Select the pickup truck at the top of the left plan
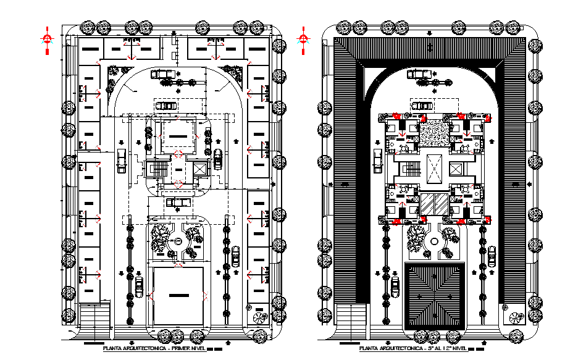coord(164,74)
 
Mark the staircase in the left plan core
coord(160,169)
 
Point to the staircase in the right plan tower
coord(408,169)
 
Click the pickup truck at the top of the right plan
coord(421,74)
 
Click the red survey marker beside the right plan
coord(303,38)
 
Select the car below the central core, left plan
coord(177,201)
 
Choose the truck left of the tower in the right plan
coord(378,161)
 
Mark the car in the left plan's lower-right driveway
coord(235,254)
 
